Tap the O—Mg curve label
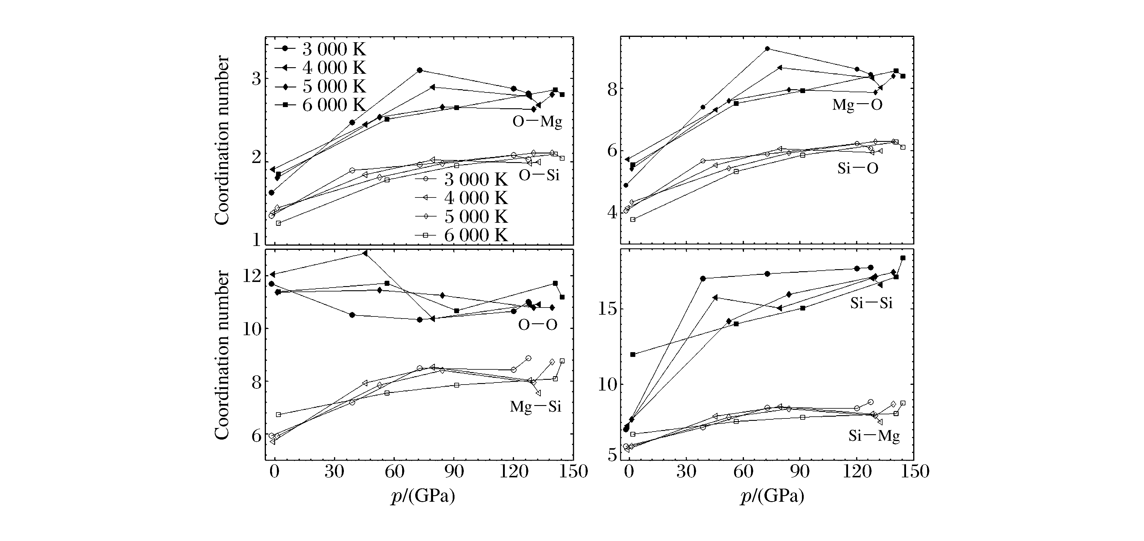[537, 121]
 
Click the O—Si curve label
[539, 175]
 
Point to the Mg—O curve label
[857, 105]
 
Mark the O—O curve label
[537, 325]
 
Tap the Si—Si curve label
[871, 303]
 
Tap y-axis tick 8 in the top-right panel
[613, 89]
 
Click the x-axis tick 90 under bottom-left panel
[454, 472]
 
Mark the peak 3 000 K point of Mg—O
[767, 48]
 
